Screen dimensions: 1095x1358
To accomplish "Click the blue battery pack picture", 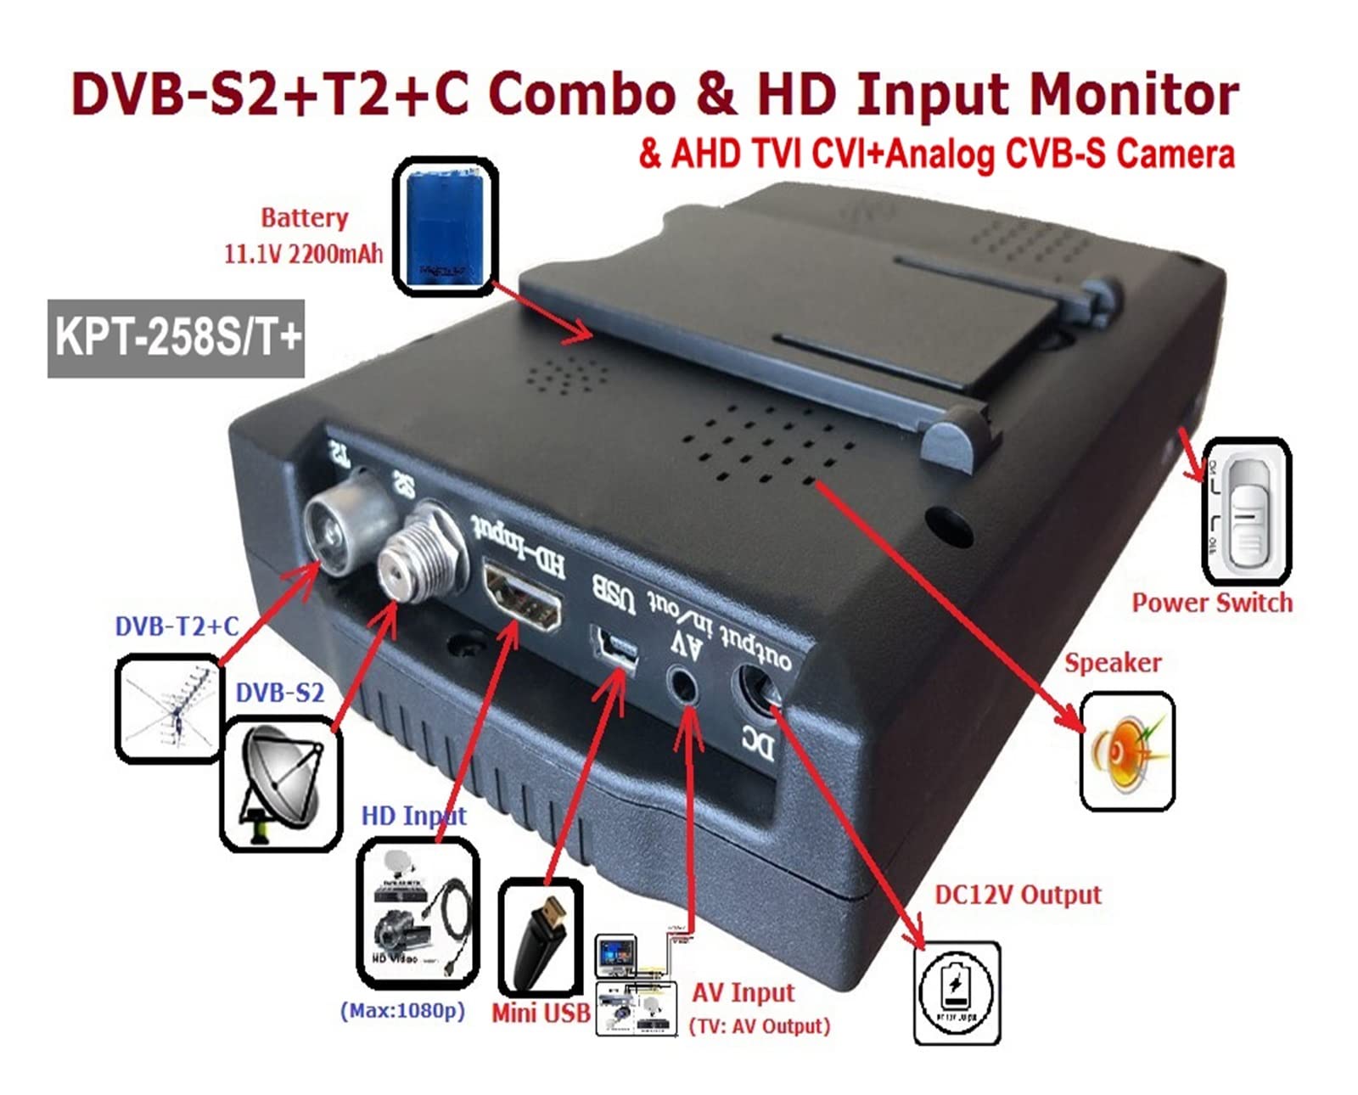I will click(x=445, y=226).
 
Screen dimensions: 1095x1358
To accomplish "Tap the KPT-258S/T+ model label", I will click(x=177, y=338).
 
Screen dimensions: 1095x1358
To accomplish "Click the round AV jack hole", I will click(x=685, y=683).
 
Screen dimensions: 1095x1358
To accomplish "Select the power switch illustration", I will click(x=1246, y=511).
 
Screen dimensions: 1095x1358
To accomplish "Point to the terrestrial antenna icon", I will click(x=168, y=708).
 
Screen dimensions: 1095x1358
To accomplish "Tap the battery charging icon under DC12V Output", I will click(x=957, y=991).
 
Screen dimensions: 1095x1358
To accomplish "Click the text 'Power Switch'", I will click(x=1212, y=603).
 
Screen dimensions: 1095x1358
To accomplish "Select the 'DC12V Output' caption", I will click(x=1018, y=895).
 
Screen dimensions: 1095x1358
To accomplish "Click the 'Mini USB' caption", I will click(x=541, y=1012).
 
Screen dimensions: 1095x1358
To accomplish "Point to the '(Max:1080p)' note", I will click(x=402, y=1011).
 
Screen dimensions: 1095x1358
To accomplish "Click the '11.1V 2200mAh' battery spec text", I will click(x=303, y=254).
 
